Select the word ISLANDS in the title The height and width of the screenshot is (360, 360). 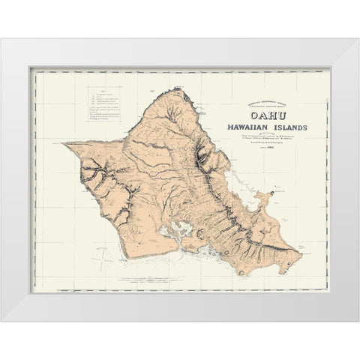[x=283, y=125]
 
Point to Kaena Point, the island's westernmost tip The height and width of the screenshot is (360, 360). [x=65, y=143]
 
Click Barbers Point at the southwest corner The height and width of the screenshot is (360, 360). [x=128, y=256]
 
